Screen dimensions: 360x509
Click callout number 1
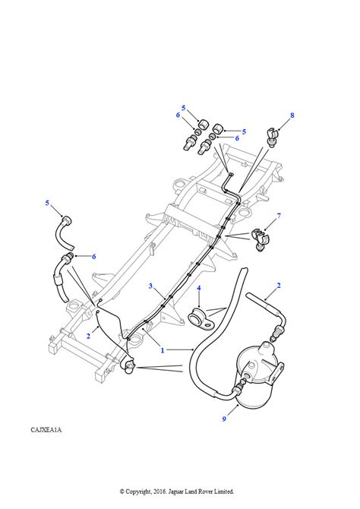pos(163,350)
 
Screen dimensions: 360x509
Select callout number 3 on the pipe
pos(150,286)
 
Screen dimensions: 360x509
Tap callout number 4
pos(199,288)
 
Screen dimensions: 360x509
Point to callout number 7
pos(279,216)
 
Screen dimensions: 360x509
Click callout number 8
pos(292,115)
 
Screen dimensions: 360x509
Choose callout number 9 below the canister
pos(224,419)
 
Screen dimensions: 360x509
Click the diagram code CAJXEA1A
pos(46,430)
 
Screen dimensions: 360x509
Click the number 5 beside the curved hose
pos(47,203)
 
